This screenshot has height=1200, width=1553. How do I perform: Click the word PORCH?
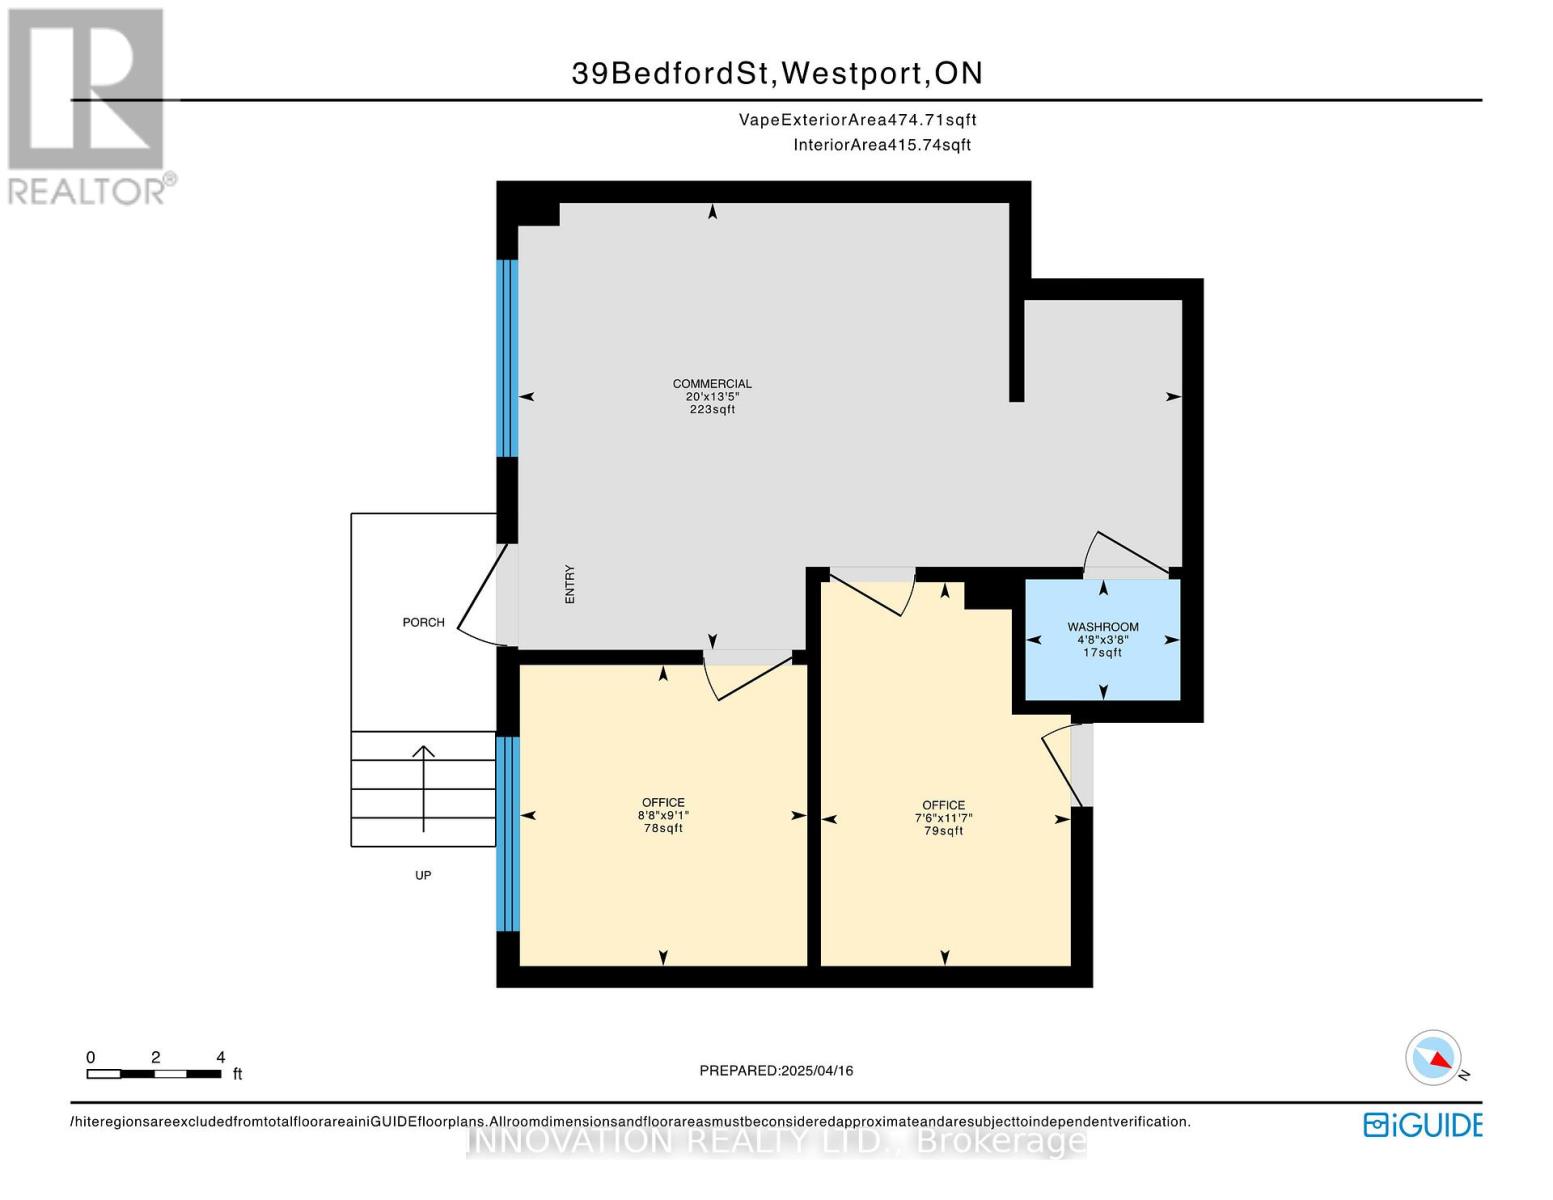[423, 622]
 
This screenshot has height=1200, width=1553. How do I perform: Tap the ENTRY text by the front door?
[570, 584]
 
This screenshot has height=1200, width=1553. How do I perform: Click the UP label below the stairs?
[423, 875]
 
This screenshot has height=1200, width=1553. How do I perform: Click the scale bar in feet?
[154, 1073]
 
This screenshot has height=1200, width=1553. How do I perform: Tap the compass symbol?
[1433, 1058]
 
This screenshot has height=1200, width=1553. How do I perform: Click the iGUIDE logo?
[1421, 1124]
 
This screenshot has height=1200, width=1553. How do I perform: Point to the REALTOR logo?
[87, 105]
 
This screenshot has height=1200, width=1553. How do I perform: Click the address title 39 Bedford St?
[777, 73]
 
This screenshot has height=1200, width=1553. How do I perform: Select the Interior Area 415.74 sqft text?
[882, 145]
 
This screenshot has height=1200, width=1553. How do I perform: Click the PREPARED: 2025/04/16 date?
[776, 1070]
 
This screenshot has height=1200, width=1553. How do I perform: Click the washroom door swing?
[1125, 552]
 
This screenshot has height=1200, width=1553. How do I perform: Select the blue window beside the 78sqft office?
[508, 834]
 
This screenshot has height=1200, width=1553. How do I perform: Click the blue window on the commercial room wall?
[508, 358]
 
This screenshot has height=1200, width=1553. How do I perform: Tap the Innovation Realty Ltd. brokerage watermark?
[776, 1141]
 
